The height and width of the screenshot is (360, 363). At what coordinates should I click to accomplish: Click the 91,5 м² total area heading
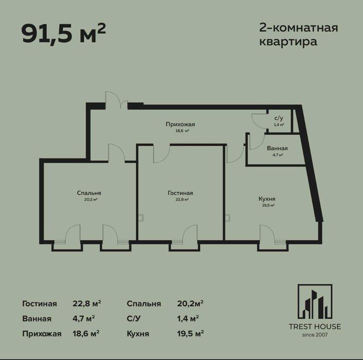[63, 33]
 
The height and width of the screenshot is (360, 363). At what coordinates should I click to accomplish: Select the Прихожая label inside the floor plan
[180, 124]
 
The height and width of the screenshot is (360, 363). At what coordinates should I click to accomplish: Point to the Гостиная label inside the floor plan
[180, 193]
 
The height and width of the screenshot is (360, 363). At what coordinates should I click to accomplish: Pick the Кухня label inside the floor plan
[266, 199]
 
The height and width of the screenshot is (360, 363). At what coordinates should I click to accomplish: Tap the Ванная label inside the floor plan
[277, 148]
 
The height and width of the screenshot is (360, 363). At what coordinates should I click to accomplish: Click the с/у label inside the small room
[278, 118]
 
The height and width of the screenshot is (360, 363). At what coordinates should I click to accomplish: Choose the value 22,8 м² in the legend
[86, 303]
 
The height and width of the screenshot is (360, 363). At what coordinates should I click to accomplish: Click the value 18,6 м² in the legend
[86, 334]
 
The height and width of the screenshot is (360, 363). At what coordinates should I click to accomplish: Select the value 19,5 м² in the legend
[190, 334]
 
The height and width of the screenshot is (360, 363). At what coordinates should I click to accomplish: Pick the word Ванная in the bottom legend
[37, 318]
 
